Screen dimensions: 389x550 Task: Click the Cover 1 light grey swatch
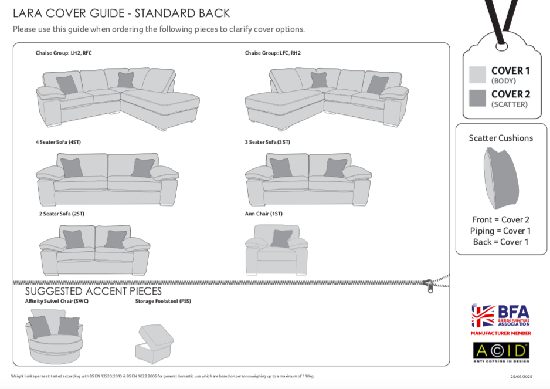(477, 75)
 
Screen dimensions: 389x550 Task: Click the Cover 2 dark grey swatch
(477, 98)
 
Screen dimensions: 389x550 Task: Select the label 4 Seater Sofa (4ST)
(59, 142)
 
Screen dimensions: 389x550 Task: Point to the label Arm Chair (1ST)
(263, 214)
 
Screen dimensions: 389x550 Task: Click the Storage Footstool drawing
(155, 344)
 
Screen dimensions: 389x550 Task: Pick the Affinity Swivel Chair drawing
(53, 336)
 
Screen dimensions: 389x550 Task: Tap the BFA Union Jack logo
(484, 316)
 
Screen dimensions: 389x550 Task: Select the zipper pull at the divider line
(430, 286)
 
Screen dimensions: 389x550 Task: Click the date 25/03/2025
(521, 377)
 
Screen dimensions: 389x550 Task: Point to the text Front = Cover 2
(501, 219)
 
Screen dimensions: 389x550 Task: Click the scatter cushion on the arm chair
(281, 238)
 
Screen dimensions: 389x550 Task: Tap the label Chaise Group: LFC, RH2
(273, 53)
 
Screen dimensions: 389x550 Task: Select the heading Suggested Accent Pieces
(93, 292)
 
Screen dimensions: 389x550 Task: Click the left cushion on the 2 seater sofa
(74, 239)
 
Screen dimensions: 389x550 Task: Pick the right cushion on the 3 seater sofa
(335, 168)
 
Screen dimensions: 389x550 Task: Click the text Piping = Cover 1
(501, 231)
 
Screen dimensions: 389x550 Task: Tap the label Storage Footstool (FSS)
(163, 302)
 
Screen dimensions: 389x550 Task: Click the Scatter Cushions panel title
(501, 138)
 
